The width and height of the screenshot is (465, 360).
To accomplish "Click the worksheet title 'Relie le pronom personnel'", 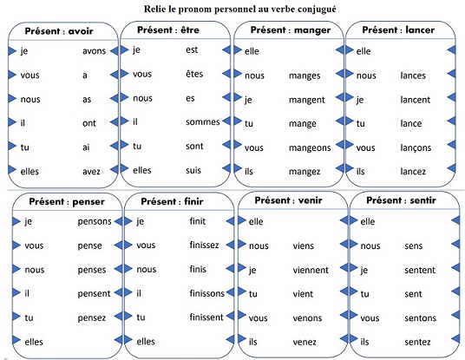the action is (197, 9).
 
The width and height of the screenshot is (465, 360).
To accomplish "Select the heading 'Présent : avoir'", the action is (59, 31).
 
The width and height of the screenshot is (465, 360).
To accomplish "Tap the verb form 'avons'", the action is (94, 51).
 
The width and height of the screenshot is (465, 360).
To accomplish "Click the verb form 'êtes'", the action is (194, 74).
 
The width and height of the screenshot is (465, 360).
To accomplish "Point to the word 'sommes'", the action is (203, 121).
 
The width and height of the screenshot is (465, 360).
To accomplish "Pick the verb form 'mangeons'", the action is (310, 148).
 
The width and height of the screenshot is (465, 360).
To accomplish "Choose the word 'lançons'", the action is (416, 148).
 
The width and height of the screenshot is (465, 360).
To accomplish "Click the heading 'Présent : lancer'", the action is (398, 30).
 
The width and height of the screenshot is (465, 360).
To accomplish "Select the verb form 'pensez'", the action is (92, 318).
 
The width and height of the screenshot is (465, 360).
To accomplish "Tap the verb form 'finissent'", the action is (206, 317).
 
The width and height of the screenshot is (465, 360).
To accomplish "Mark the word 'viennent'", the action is (311, 270).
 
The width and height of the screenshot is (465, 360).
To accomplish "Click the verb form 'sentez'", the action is (417, 342).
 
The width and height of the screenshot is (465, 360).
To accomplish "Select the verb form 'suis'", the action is (193, 170).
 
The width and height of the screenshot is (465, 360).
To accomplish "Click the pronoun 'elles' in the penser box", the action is (34, 342).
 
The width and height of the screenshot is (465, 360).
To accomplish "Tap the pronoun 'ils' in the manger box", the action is (249, 172).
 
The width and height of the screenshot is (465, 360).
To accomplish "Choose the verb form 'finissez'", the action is (204, 245).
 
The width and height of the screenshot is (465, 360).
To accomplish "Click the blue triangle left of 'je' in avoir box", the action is (12, 50).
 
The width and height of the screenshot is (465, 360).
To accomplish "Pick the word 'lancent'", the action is (415, 100).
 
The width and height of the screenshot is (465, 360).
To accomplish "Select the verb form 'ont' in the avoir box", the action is (89, 123).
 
